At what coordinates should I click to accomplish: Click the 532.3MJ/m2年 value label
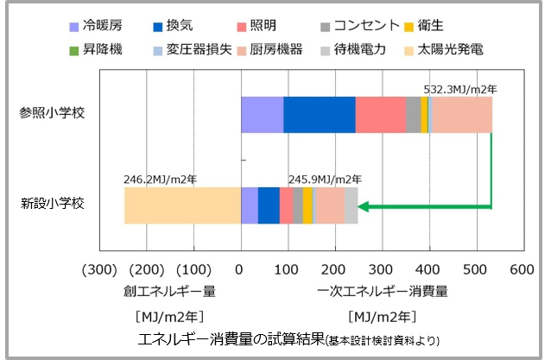(x=461, y=89)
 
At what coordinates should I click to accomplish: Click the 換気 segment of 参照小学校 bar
(x=319, y=115)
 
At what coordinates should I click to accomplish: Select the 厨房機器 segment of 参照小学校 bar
(x=460, y=115)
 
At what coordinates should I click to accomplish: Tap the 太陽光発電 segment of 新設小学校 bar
(x=182, y=205)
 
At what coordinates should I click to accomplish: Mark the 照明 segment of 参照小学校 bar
(x=380, y=115)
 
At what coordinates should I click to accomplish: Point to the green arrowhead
(x=364, y=206)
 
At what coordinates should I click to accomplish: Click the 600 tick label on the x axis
(x=522, y=269)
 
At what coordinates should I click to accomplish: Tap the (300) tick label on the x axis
(x=99, y=269)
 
